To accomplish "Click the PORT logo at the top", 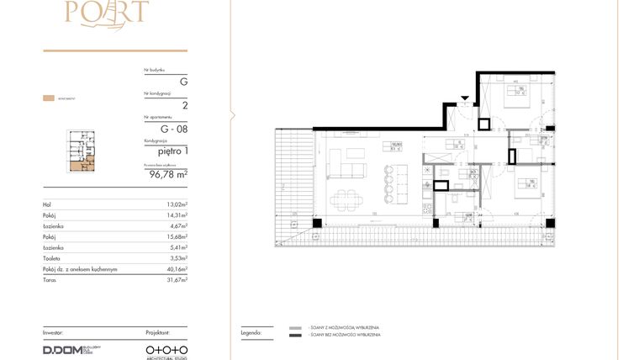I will tap(115, 13).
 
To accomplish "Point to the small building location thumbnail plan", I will tap(82, 151).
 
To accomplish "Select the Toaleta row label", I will tap(53, 259).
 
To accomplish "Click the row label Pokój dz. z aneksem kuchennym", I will tap(80, 270).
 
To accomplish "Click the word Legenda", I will tap(250, 332).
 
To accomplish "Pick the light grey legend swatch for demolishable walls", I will tap(295, 327).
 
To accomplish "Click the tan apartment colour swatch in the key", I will tap(49, 98).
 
